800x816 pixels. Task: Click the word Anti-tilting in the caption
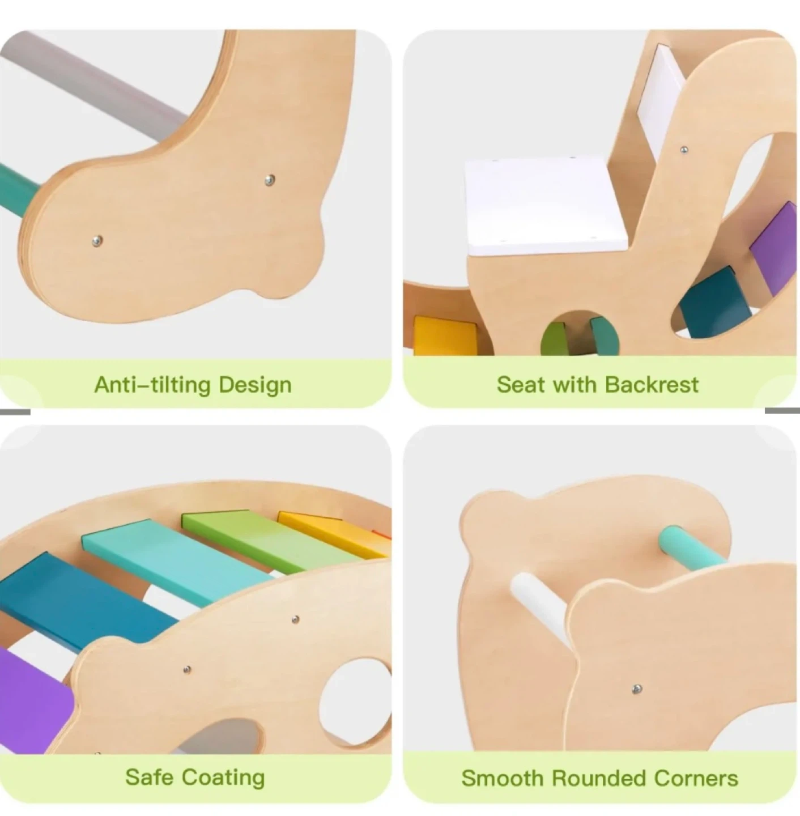tap(152, 385)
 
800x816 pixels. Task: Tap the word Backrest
tap(652, 385)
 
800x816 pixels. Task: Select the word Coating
tap(224, 777)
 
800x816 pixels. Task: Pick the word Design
tap(255, 385)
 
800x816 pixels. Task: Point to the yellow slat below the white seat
tap(445, 335)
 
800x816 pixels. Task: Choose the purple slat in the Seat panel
tap(775, 248)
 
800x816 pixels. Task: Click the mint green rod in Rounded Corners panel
tap(693, 546)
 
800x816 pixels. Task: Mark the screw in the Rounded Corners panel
tap(636, 688)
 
